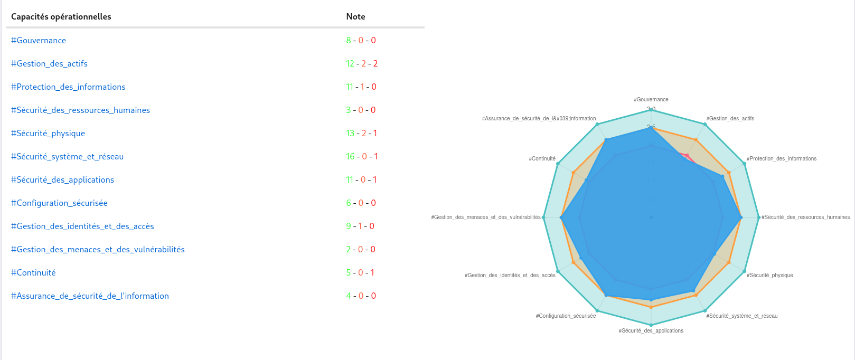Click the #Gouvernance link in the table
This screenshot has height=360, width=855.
[x=39, y=41]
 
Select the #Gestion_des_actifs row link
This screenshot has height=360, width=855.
[x=49, y=64]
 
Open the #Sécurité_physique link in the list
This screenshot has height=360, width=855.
[x=48, y=134]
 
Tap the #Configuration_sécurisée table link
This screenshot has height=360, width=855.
[x=59, y=203]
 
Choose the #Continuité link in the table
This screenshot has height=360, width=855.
[x=33, y=273]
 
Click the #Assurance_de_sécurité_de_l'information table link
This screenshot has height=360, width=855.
[x=90, y=296]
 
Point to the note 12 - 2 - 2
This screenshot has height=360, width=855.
[x=362, y=64]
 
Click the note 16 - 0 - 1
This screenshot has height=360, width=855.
[x=362, y=157]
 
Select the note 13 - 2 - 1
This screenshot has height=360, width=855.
[x=362, y=134]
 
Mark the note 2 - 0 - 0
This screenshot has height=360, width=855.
[x=361, y=250]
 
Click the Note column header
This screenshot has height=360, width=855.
[x=355, y=17]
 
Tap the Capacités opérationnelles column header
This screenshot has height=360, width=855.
[x=61, y=17]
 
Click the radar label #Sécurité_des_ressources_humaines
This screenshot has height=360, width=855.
[x=805, y=217]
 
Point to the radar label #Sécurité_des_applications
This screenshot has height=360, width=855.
[x=651, y=331]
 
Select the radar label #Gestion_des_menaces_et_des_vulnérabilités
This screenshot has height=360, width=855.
[x=486, y=217]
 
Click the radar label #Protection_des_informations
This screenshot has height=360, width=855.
[x=782, y=158]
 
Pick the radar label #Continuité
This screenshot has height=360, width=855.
[x=542, y=158]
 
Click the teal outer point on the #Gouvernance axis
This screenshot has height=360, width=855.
[x=651, y=109]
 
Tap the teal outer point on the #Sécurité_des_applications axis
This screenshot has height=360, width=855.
[x=651, y=325]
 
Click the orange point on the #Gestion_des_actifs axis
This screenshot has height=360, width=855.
[x=696, y=140]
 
